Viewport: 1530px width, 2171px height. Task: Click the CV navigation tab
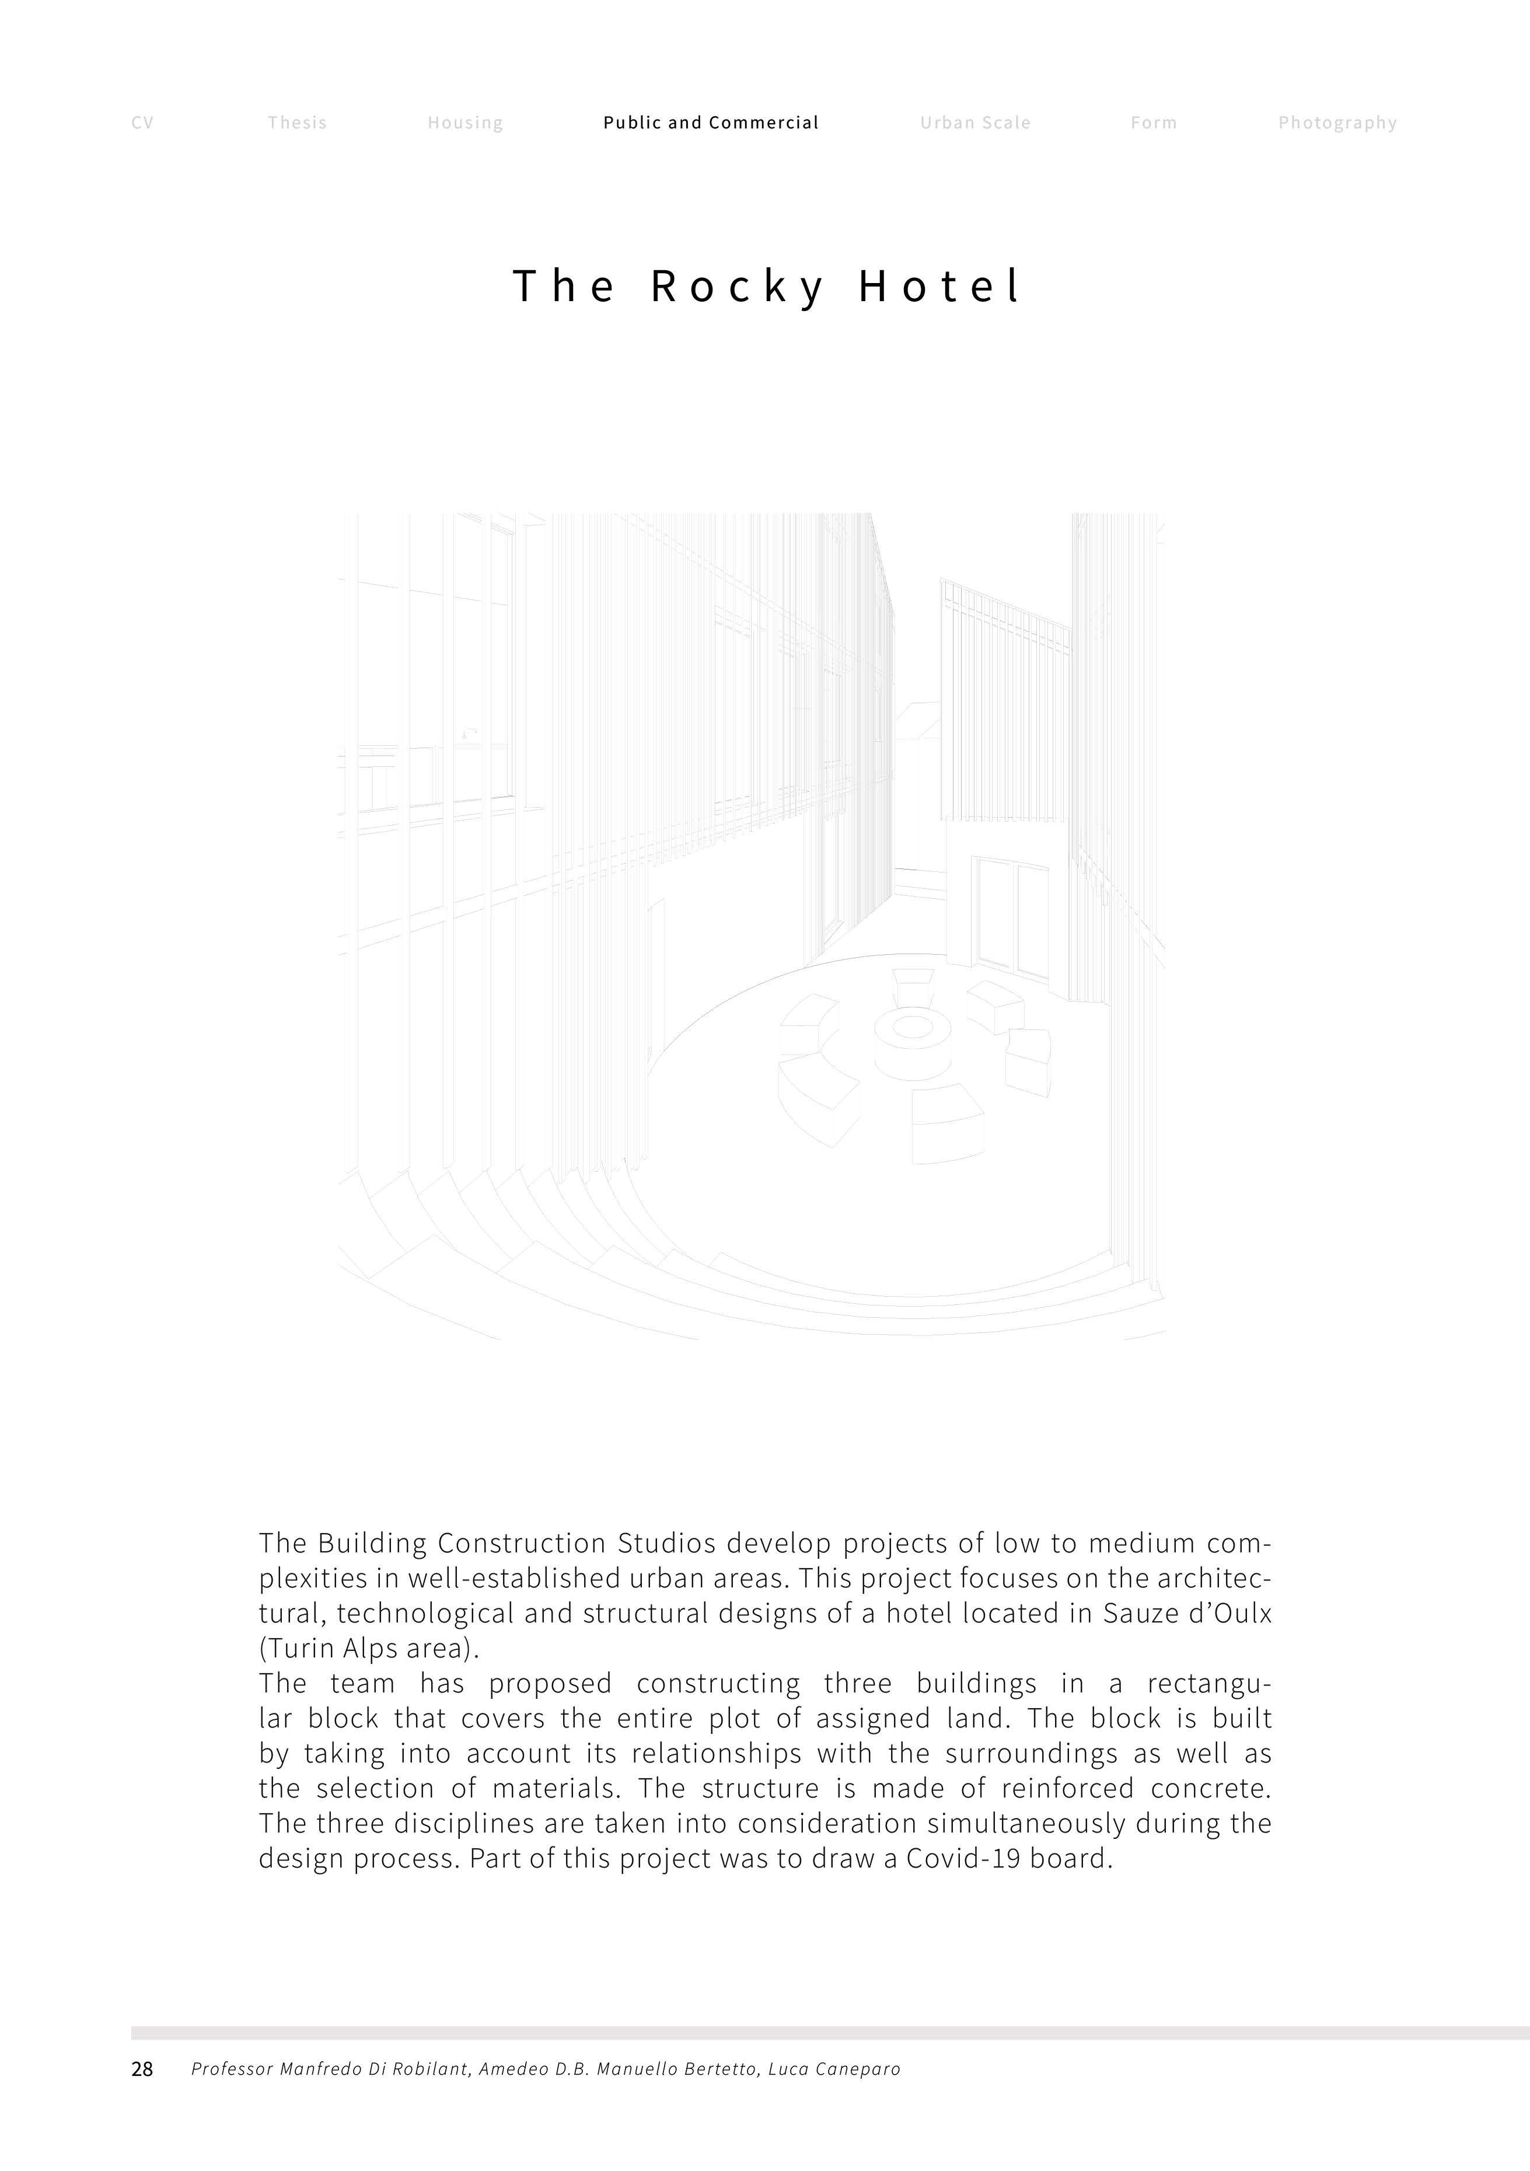click(142, 123)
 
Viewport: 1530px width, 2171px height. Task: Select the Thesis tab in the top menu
click(297, 123)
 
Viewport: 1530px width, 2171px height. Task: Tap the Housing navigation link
click(465, 123)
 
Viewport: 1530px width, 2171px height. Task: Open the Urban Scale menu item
click(975, 123)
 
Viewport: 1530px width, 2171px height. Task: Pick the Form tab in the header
click(1154, 123)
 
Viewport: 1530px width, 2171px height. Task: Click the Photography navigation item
click(1337, 123)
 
